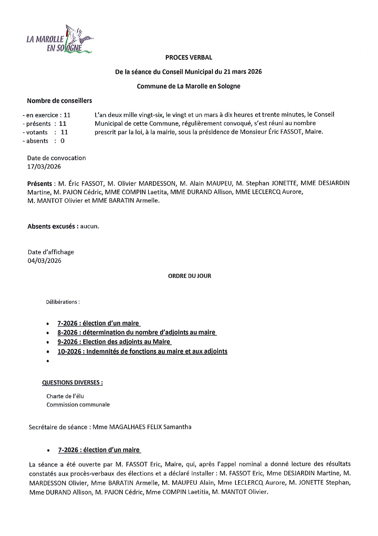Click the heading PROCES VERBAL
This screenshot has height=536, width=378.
pyautogui.click(x=189, y=57)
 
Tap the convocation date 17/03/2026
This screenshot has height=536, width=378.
pyautogui.click(x=44, y=166)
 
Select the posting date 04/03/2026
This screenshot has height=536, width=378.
pyautogui.click(x=44, y=261)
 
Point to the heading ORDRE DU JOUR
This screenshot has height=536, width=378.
pyautogui.click(x=190, y=276)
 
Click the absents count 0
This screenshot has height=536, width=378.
pyautogui.click(x=62, y=141)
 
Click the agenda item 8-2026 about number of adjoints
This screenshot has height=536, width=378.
pyautogui.click(x=137, y=332)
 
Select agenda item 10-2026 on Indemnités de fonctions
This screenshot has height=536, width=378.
pyautogui.click(x=142, y=351)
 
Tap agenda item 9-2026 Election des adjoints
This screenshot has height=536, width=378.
pyautogui.click(x=114, y=342)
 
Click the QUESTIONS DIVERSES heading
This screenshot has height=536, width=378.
pyautogui.click(x=72, y=382)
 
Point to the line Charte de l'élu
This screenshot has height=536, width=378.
pyautogui.click(x=65, y=396)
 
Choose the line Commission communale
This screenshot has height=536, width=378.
pyautogui.click(x=78, y=405)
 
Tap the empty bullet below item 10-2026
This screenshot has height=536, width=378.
pyautogui.click(x=48, y=361)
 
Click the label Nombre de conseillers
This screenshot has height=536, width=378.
pyautogui.click(x=59, y=100)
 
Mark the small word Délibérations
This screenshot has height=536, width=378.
pyautogui.click(x=63, y=302)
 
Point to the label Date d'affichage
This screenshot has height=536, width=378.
pyautogui.click(x=51, y=252)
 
